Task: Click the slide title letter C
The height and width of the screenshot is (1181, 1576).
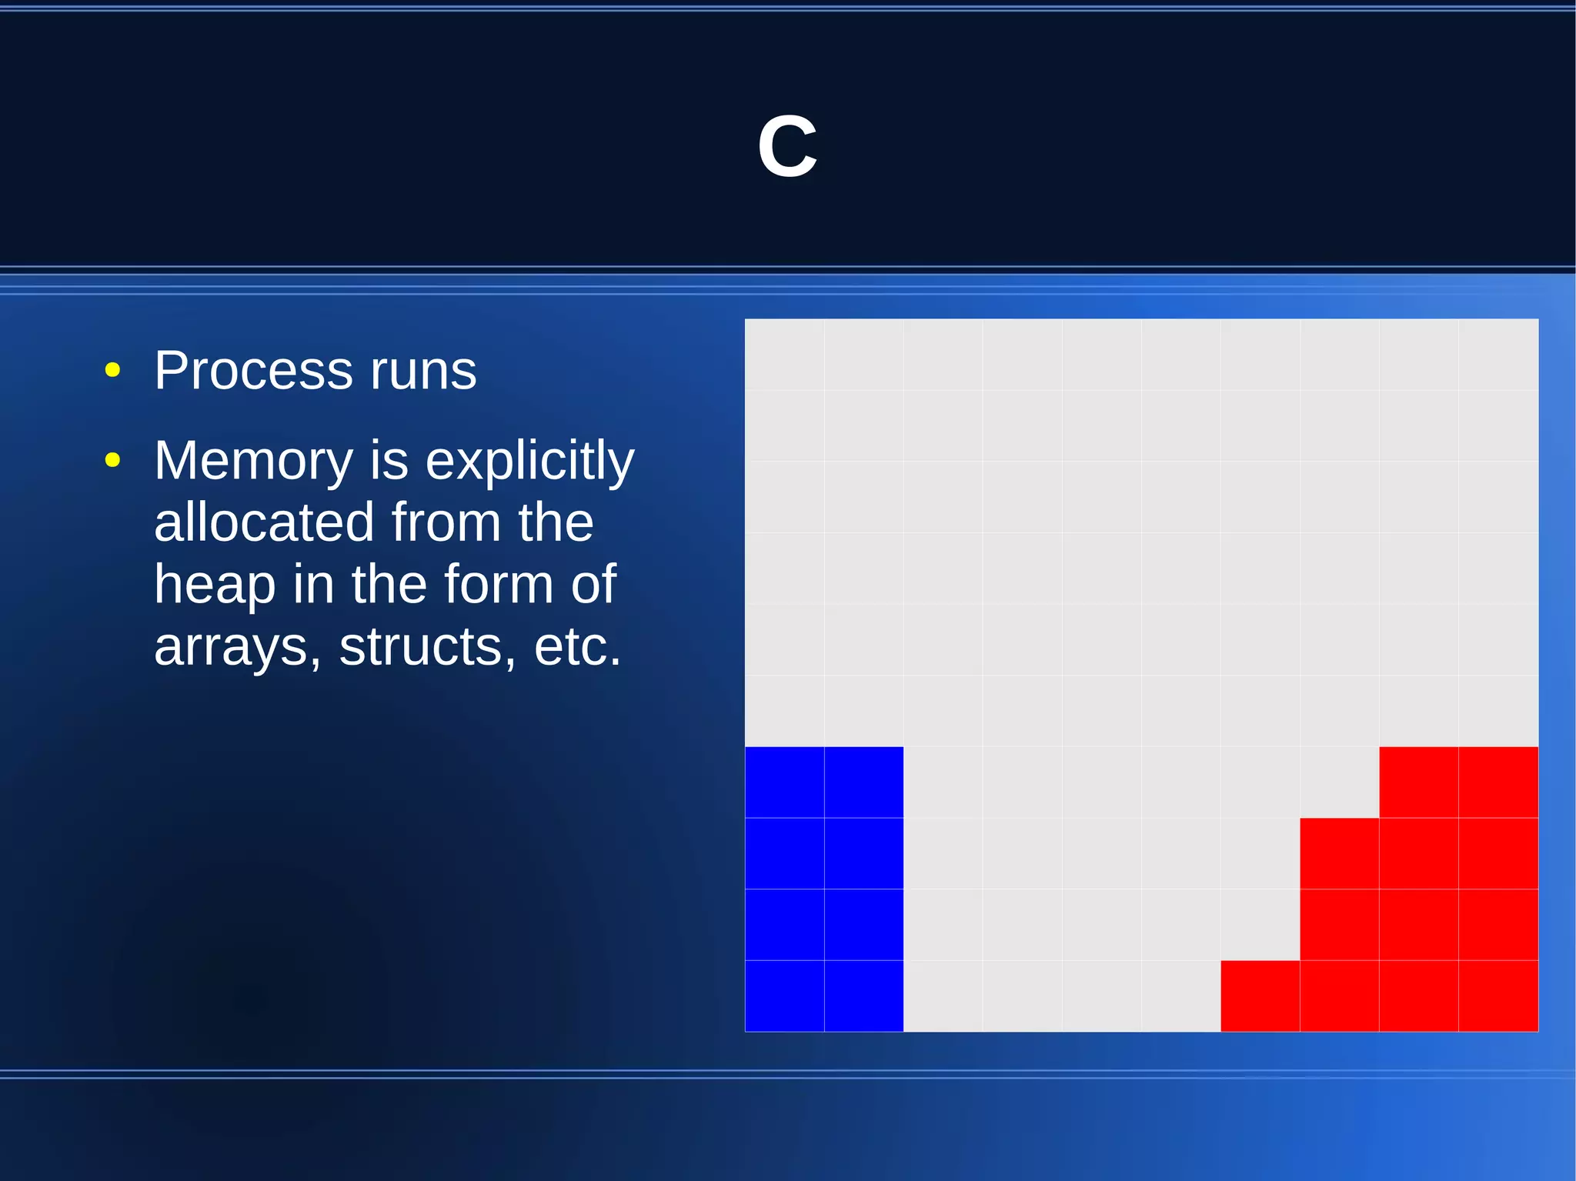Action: click(786, 147)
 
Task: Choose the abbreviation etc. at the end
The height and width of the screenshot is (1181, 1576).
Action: click(577, 647)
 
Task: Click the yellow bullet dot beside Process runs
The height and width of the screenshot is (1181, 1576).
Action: click(112, 371)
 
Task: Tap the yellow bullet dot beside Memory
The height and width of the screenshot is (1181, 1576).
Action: click(112, 461)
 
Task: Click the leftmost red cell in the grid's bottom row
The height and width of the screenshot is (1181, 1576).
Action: click(1260, 996)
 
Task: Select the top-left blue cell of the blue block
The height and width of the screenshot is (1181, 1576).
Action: click(784, 782)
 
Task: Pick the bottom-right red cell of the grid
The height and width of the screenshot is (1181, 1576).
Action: click(1498, 996)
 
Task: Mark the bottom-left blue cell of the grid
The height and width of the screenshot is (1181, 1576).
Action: click(784, 996)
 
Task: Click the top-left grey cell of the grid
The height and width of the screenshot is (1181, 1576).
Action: click(784, 354)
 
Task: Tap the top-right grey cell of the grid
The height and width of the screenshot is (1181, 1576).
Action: click(1498, 354)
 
